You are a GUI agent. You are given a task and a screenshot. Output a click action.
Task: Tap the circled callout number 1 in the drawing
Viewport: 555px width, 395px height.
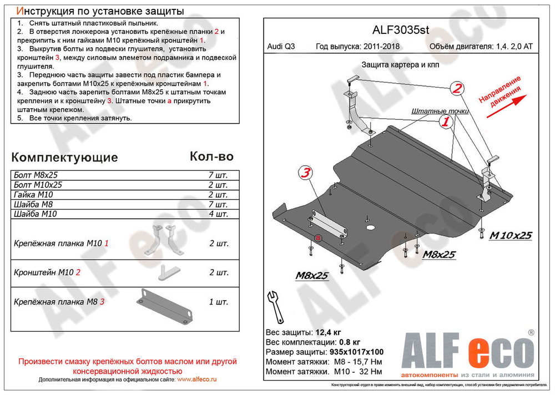click(445, 122)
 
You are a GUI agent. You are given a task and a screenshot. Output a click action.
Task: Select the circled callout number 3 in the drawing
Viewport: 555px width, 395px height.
click(305, 173)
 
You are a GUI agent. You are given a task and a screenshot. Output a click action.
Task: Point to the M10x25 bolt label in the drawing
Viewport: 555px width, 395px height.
click(510, 236)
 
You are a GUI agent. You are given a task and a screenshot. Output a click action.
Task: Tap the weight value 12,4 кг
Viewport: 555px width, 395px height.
click(329, 332)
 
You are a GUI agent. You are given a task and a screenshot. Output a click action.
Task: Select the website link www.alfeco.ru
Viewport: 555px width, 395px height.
click(196, 379)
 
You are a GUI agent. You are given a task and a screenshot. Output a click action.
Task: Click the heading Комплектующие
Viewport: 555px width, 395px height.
click(65, 157)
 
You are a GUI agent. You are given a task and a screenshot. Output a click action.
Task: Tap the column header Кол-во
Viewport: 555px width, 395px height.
click(211, 156)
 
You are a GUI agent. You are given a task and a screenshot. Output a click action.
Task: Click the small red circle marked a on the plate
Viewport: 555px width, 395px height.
click(318, 238)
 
